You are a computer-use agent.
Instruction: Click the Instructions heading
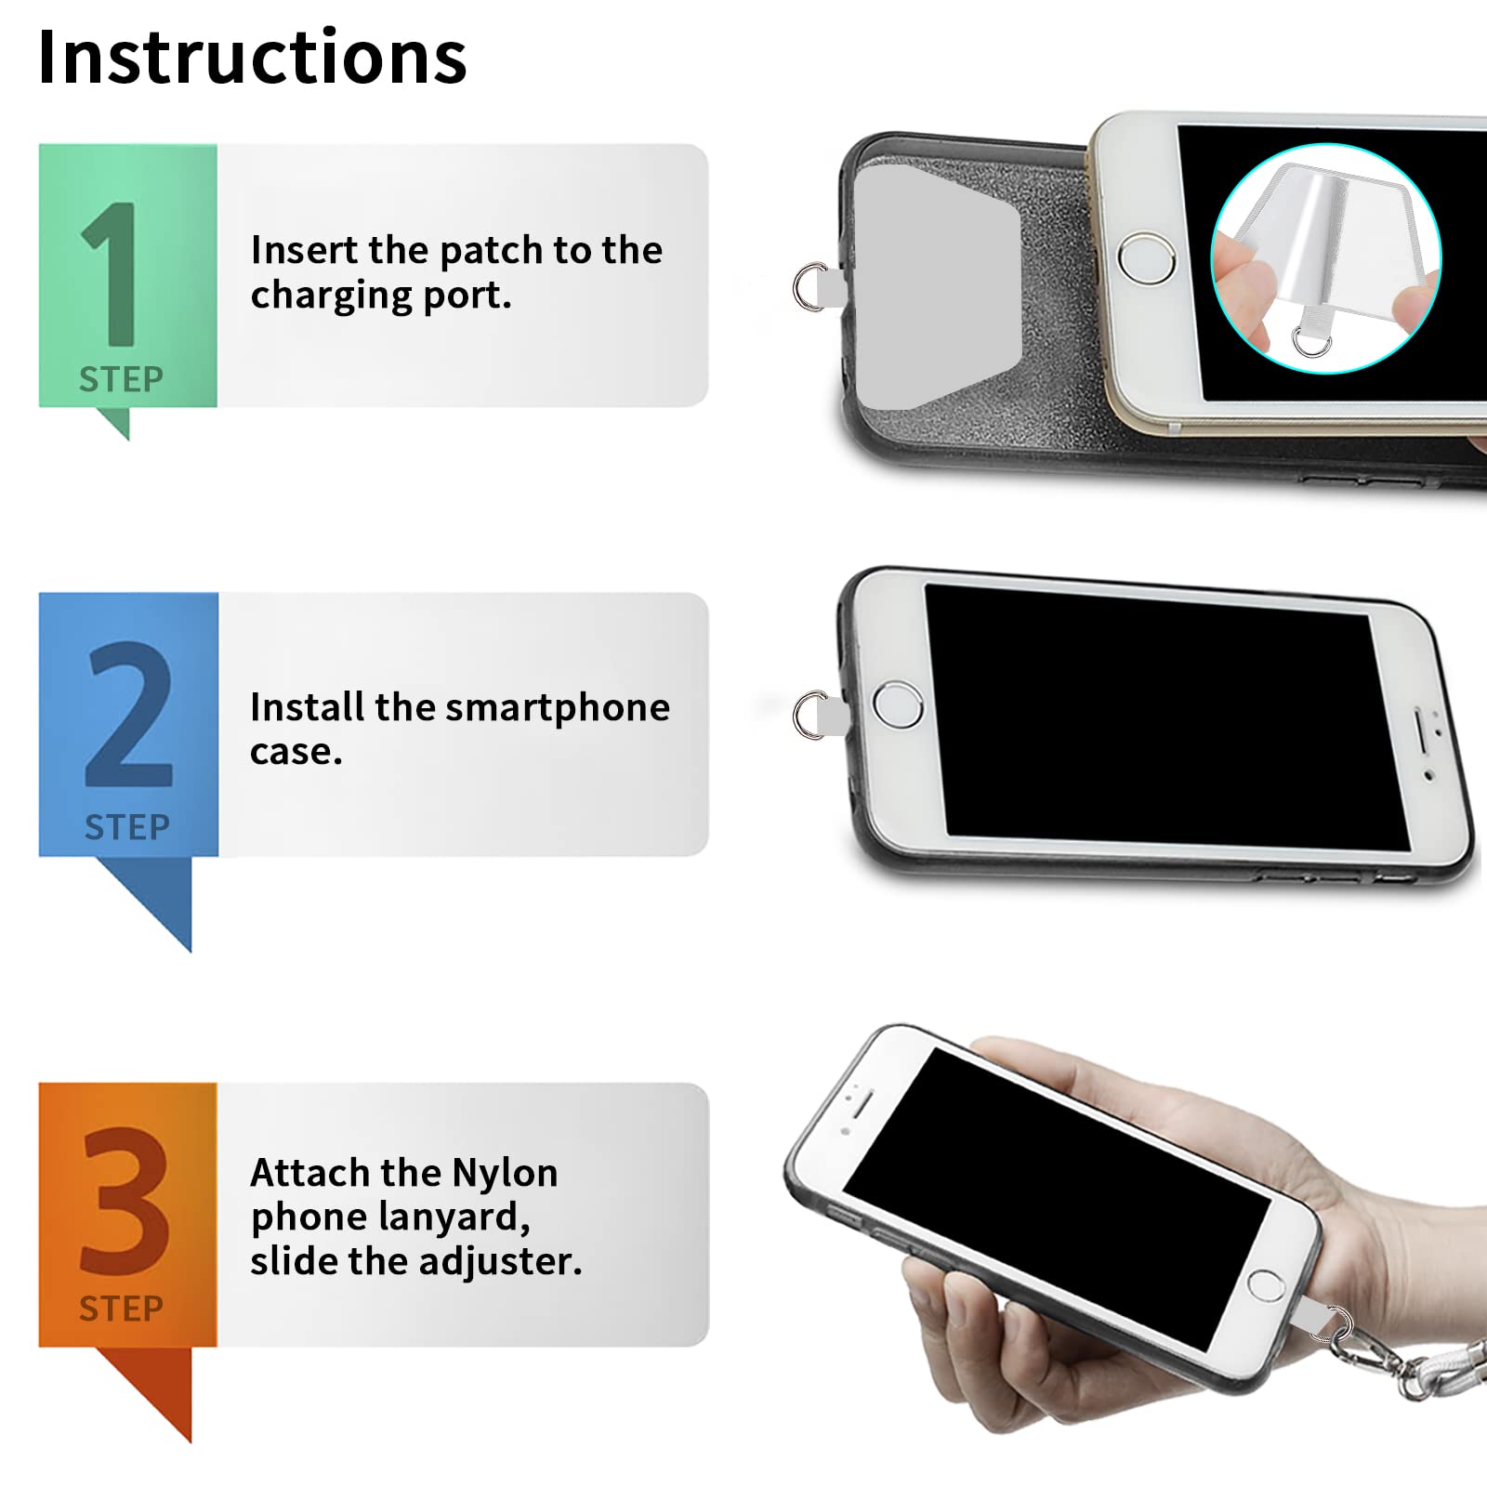[x=252, y=58]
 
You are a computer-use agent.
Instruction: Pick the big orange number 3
[x=125, y=1201]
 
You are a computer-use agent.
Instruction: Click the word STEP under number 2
[x=127, y=826]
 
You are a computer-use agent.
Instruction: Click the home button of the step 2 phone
[x=897, y=704]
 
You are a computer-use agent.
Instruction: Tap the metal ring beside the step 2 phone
[x=809, y=715]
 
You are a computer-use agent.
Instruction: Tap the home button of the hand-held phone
[x=1265, y=1285]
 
